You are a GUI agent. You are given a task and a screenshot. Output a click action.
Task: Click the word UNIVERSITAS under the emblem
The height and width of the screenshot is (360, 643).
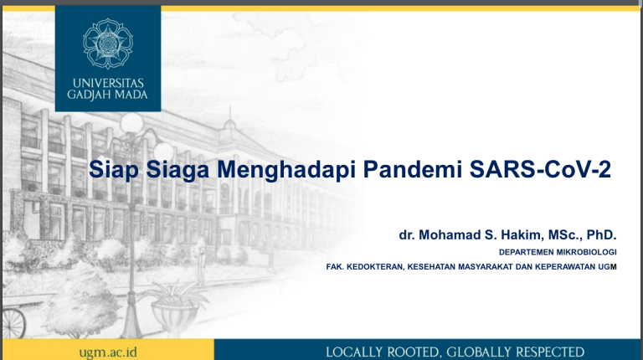pyautogui.click(x=108, y=83)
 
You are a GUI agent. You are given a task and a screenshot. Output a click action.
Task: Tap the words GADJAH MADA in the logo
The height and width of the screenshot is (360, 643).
pyautogui.click(x=108, y=95)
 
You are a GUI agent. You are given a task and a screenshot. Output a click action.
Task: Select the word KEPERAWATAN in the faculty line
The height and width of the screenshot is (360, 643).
pyautogui.click(x=564, y=268)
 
